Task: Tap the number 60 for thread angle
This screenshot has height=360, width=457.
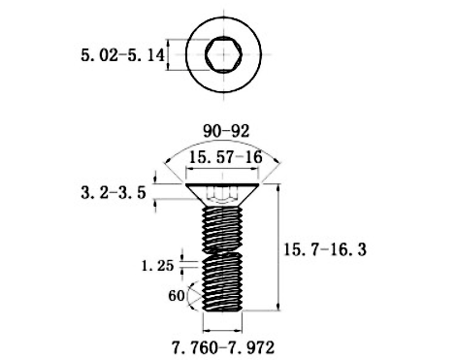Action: pyautogui.click(x=176, y=295)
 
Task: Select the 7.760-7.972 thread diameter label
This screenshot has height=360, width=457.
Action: pyautogui.click(x=225, y=345)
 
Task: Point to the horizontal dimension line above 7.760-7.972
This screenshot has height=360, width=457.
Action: pyautogui.click(x=224, y=325)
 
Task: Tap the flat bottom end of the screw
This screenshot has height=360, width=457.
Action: pyautogui.click(x=224, y=311)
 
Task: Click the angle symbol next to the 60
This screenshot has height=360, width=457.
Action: pyautogui.click(x=194, y=295)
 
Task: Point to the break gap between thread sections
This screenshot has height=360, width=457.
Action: pyautogui.click(x=224, y=250)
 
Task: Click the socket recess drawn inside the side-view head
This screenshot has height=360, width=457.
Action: pyautogui.click(x=224, y=192)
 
